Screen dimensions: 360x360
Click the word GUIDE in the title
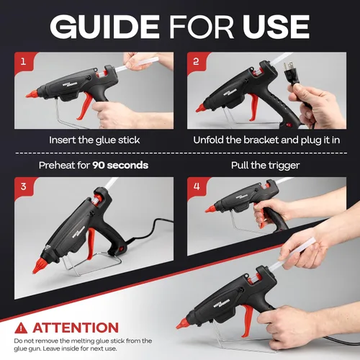(105, 27)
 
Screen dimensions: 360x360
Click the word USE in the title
(276, 27)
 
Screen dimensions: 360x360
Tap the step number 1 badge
(23, 62)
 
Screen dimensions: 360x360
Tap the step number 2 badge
(196, 62)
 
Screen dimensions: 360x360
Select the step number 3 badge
(23, 186)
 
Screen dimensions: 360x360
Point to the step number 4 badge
(197, 186)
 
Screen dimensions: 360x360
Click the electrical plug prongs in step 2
(288, 66)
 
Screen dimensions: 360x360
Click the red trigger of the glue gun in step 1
(84, 106)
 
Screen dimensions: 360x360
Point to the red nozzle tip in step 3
(38, 266)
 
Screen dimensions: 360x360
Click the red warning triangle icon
(21, 328)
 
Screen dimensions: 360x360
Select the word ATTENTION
(76, 328)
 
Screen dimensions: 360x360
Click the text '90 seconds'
(120, 166)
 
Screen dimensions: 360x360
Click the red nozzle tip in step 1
(32, 94)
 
